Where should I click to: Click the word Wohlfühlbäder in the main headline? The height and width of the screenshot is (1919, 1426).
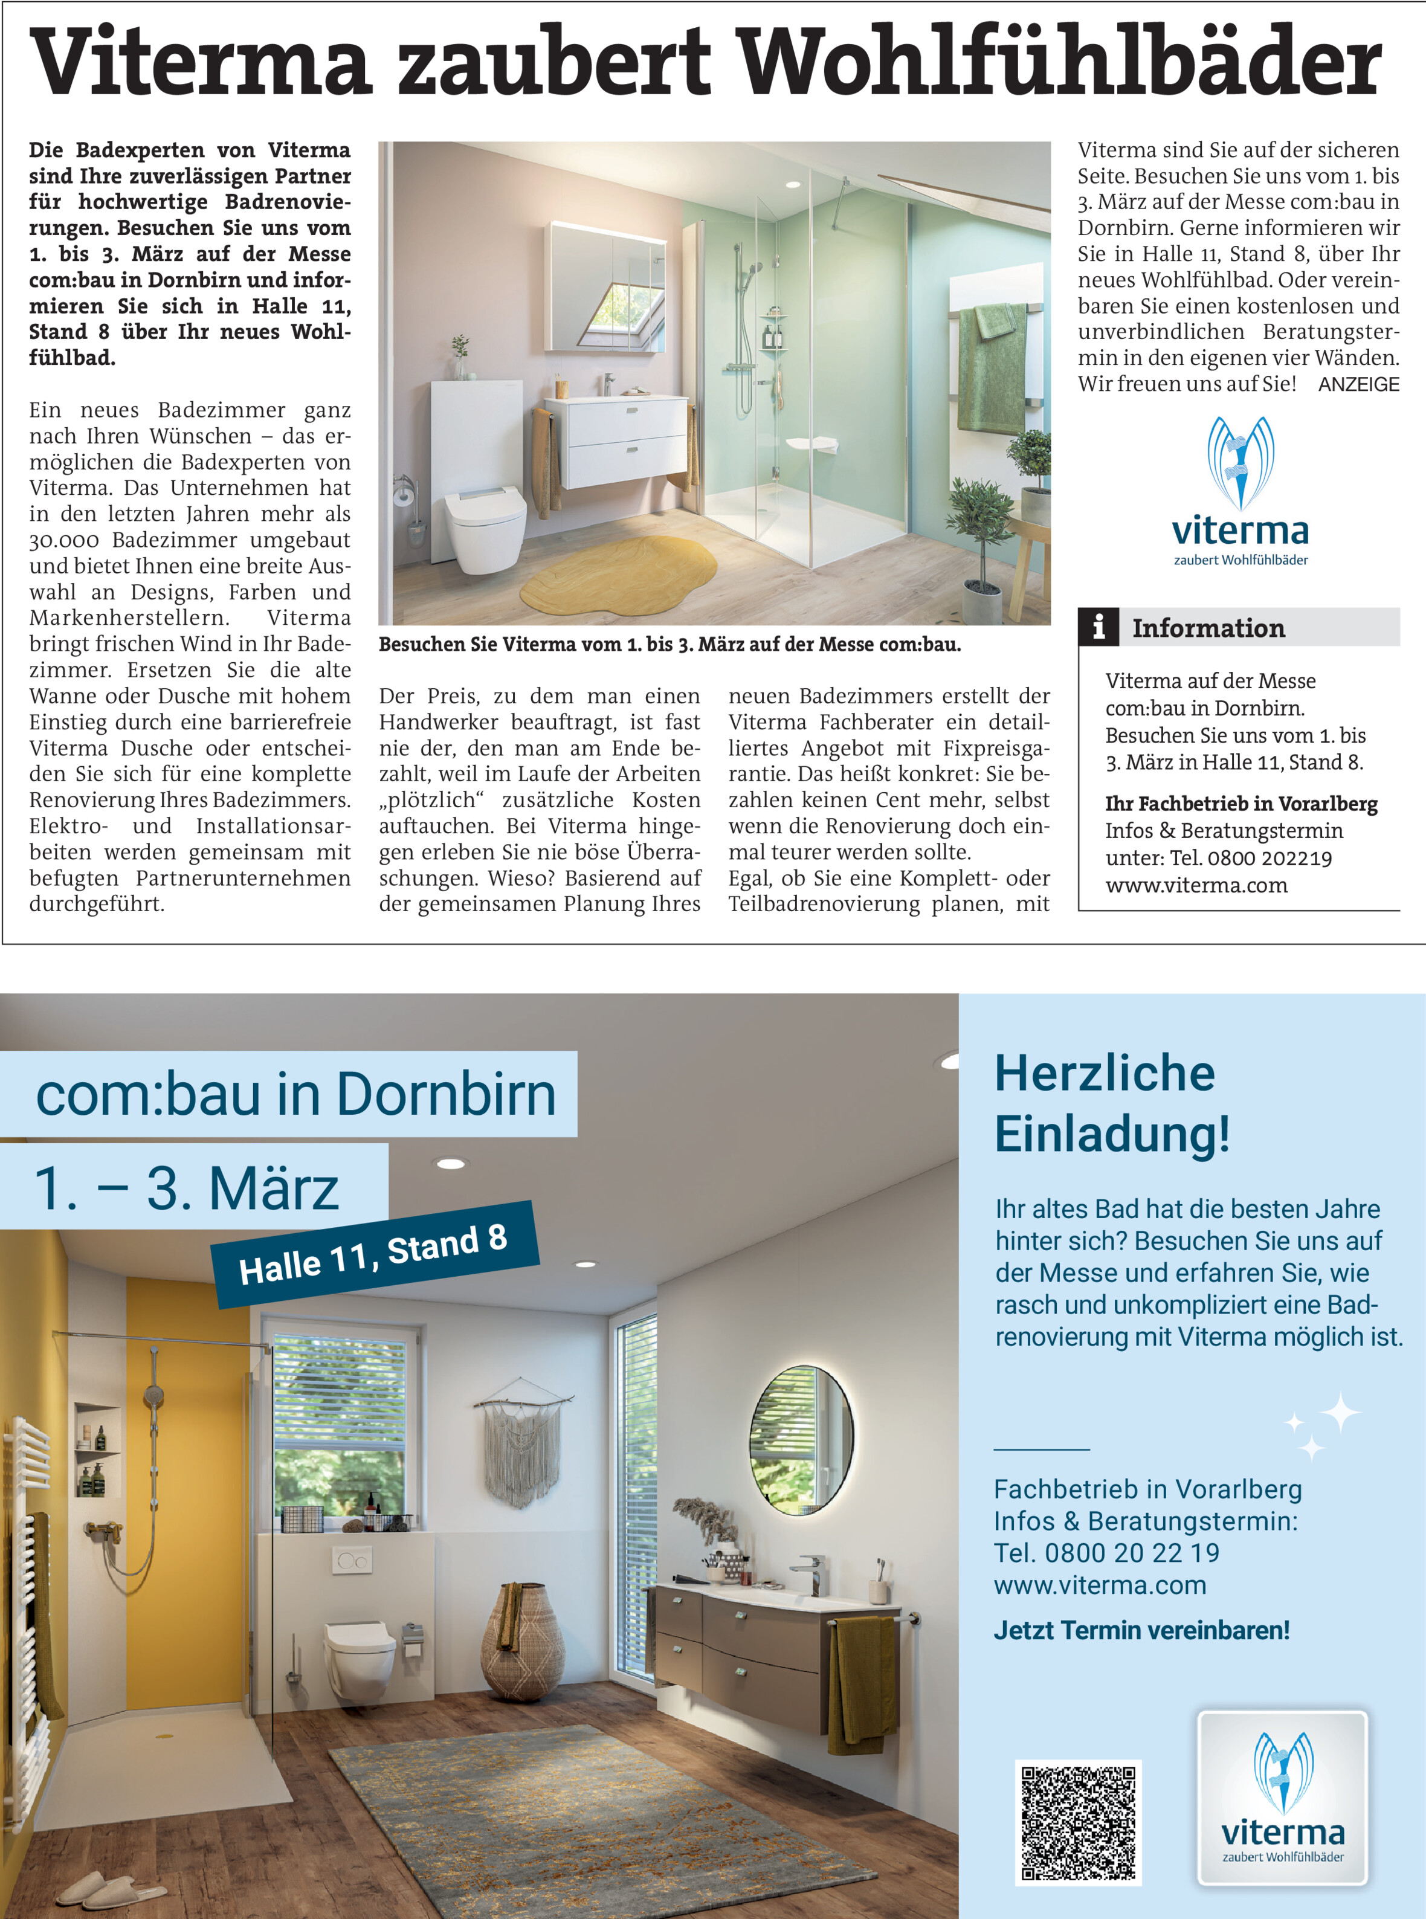1061,62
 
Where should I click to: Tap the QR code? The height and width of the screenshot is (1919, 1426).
1078,1822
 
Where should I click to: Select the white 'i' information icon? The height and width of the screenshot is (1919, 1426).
1098,627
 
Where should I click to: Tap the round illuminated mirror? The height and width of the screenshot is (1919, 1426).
801,1439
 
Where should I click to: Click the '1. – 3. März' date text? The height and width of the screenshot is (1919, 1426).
187,1188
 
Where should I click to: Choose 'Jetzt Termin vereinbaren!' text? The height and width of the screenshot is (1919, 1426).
1141,1631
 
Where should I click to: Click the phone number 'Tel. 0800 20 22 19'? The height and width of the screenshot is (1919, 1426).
1106,1553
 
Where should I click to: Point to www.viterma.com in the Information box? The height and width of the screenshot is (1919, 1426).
1196,886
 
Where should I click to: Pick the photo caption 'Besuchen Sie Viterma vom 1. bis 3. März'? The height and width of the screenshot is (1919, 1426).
669,645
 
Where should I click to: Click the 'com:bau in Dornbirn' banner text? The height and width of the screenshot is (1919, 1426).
296,1095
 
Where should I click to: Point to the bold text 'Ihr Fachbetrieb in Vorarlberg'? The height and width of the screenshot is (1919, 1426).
1240,804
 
